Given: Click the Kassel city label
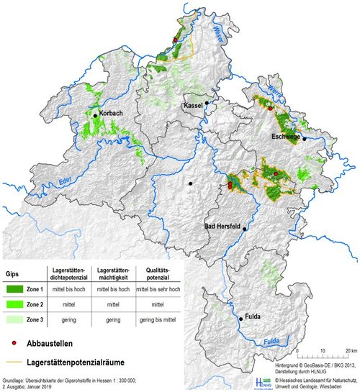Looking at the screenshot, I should [194, 106].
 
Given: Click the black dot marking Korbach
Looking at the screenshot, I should [94, 114].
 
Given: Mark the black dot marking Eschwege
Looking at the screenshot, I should [305, 138].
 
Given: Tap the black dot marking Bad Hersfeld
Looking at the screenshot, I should [245, 229].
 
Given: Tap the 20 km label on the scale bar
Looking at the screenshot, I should [350, 350].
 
